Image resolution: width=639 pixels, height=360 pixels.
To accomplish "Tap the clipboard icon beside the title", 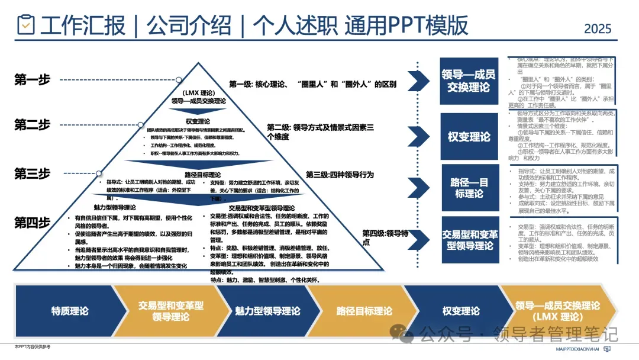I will [25, 25].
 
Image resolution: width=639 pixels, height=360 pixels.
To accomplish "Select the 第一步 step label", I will [32, 80].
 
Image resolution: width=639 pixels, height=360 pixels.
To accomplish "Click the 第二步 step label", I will [32, 124].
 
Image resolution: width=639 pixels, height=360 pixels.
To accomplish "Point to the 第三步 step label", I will [32, 173].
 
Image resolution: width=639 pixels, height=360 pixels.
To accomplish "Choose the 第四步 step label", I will [32, 223].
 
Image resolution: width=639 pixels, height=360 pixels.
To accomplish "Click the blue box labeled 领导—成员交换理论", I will [469, 81].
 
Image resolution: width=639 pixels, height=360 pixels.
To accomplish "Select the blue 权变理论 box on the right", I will [469, 137].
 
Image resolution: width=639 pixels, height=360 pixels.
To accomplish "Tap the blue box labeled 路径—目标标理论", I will [469, 187].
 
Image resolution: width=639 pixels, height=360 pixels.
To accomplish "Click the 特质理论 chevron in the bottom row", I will [70, 311].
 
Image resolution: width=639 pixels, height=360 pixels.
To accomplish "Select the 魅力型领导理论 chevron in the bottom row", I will [267, 311].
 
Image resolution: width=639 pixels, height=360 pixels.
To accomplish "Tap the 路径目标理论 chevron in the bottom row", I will [364, 311].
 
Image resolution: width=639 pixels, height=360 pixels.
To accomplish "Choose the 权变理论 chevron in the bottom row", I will [460, 311].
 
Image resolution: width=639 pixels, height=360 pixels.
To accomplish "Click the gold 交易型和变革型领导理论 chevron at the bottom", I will [170, 311].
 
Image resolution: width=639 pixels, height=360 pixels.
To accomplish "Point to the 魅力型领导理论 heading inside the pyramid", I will [114, 208].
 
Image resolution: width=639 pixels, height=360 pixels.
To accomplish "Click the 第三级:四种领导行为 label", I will [340, 175].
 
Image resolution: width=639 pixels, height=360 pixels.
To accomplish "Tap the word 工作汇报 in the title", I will [83, 25].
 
